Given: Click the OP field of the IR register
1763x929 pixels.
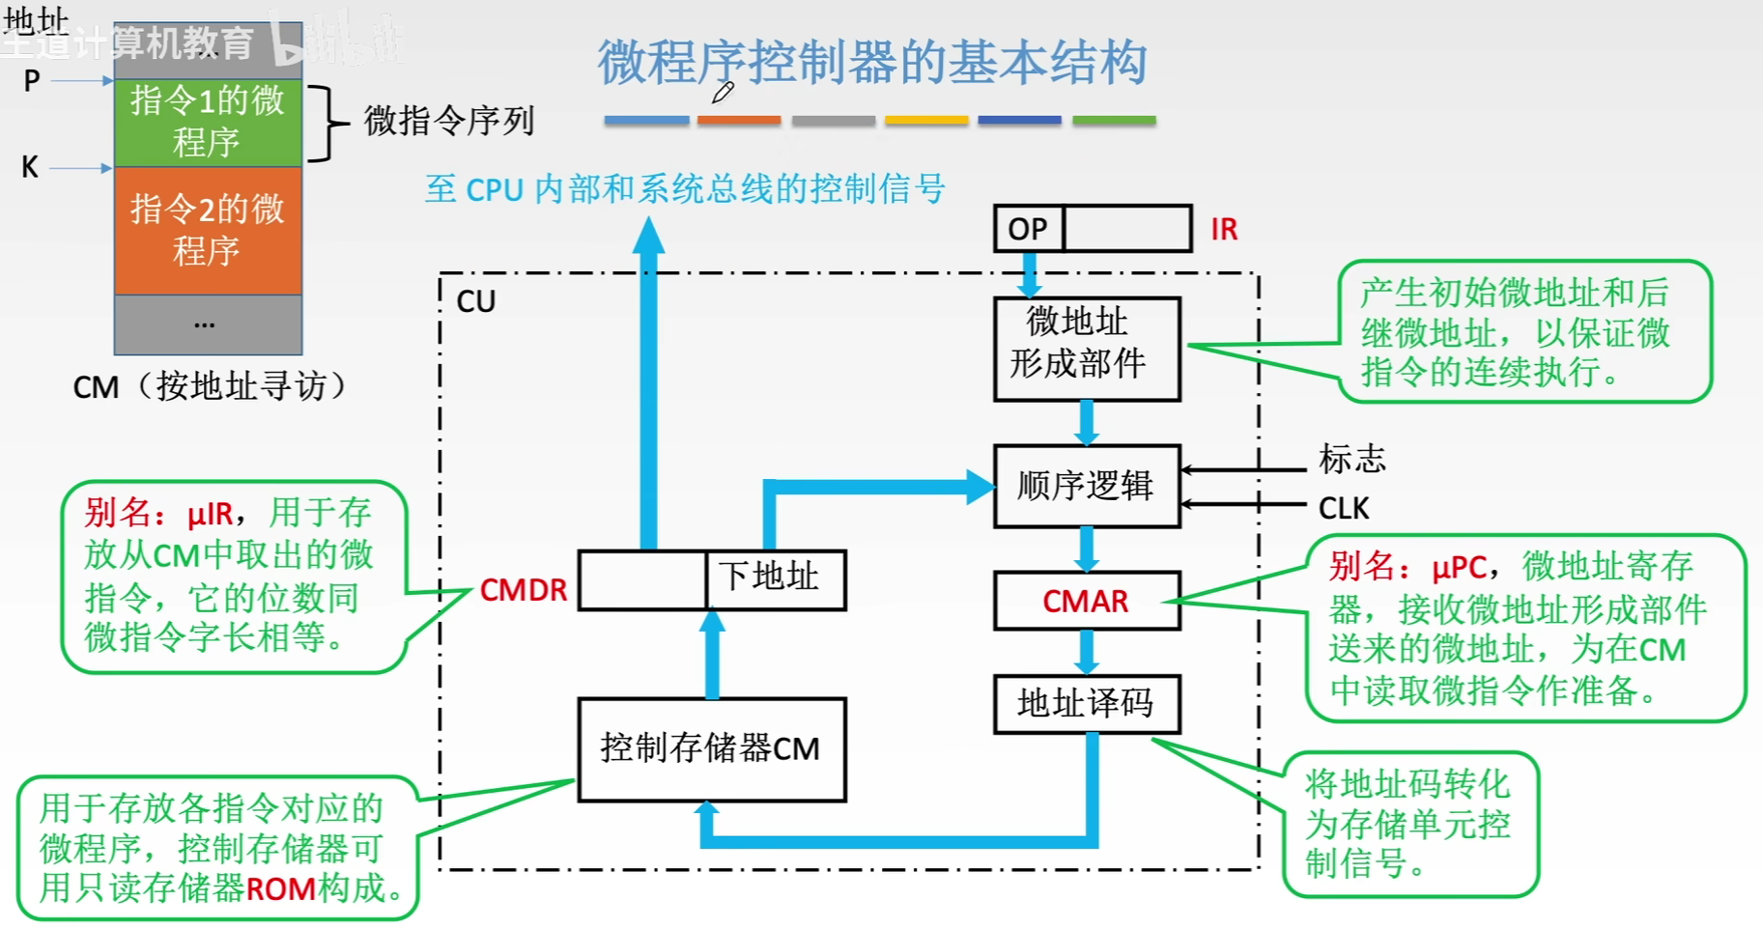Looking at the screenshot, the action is pyautogui.click(x=1029, y=229).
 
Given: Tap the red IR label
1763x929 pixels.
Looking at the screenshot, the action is pyautogui.click(x=1224, y=229).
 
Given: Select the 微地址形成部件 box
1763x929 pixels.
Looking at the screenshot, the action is pyautogui.click(x=1087, y=349).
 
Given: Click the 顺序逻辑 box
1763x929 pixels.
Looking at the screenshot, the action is pyautogui.click(x=1087, y=486).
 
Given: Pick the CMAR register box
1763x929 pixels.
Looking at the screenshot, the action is pyautogui.click(x=1087, y=601).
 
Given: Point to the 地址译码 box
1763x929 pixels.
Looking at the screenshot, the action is pyautogui.click(x=1087, y=703).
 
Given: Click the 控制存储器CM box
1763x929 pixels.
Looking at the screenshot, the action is pyautogui.click(x=712, y=749).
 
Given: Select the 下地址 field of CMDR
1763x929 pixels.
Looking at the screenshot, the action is pyautogui.click(x=776, y=579).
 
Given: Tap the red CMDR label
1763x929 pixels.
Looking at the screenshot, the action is pyautogui.click(x=524, y=590).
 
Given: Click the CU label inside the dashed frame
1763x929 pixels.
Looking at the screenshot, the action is pyautogui.click(x=475, y=301).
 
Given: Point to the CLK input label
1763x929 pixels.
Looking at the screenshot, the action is pyautogui.click(x=1344, y=508).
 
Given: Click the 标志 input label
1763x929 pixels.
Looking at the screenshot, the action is pyautogui.click(x=1352, y=458).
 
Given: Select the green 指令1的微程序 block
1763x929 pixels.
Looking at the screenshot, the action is pyautogui.click(x=208, y=123).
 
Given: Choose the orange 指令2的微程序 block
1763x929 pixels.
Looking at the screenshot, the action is pyautogui.click(x=208, y=230).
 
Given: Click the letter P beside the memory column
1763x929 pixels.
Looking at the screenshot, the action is pyautogui.click(x=32, y=81).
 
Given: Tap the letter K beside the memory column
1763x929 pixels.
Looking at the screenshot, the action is pyautogui.click(x=30, y=167).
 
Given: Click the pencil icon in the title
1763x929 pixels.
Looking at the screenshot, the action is pyautogui.click(x=723, y=93).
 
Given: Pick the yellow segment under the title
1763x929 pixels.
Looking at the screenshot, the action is pyautogui.click(x=926, y=121).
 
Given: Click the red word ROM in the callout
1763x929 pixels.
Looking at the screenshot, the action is pyautogui.click(x=281, y=888).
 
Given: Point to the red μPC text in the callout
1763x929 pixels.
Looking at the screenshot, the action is pyautogui.click(x=1459, y=567).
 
